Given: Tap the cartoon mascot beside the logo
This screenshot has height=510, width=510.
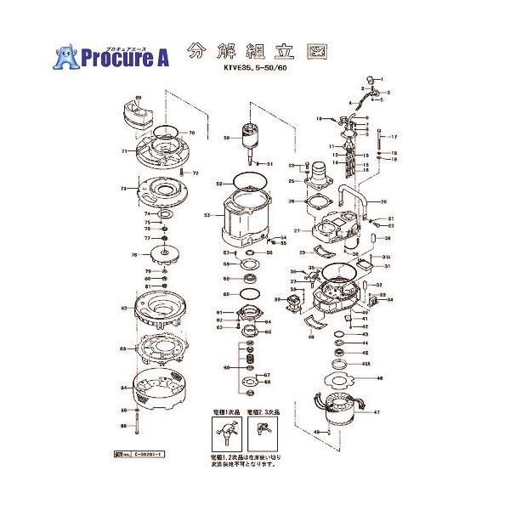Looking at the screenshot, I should pyautogui.click(x=66, y=55).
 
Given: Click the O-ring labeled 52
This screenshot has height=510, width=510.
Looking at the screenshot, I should pyautogui.click(x=247, y=183).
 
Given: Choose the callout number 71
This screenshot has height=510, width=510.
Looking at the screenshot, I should pyautogui.click(x=124, y=151).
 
